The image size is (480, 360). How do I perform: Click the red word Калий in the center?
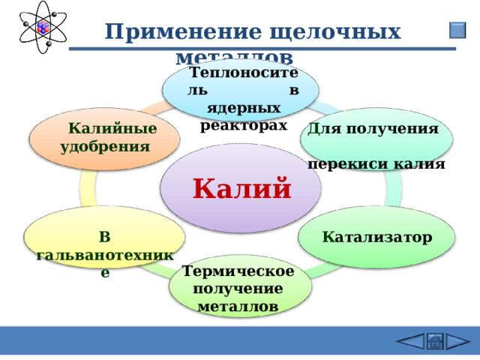click(x=241, y=188)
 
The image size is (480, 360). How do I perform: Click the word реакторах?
click(x=244, y=125)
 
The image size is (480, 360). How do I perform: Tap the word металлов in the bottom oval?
click(x=238, y=306)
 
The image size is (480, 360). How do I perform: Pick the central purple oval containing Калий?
click(x=241, y=172)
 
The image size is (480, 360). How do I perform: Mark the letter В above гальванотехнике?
click(x=105, y=238)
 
